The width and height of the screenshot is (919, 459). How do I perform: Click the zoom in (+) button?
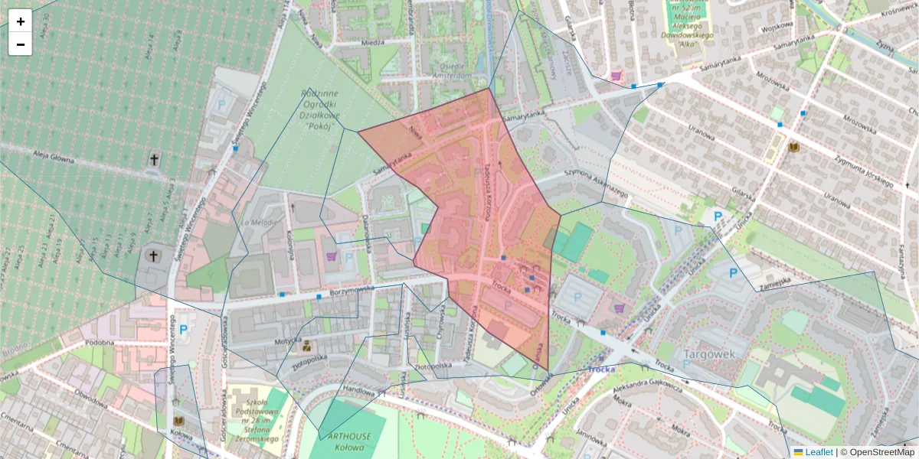tap(21, 21)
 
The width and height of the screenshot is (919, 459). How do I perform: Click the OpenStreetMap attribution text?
tap(877, 452)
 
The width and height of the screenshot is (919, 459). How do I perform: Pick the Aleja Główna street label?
tap(58, 156)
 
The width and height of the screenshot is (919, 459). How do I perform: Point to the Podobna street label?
tap(100, 343)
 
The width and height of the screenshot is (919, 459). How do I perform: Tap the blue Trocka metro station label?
tap(603, 369)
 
